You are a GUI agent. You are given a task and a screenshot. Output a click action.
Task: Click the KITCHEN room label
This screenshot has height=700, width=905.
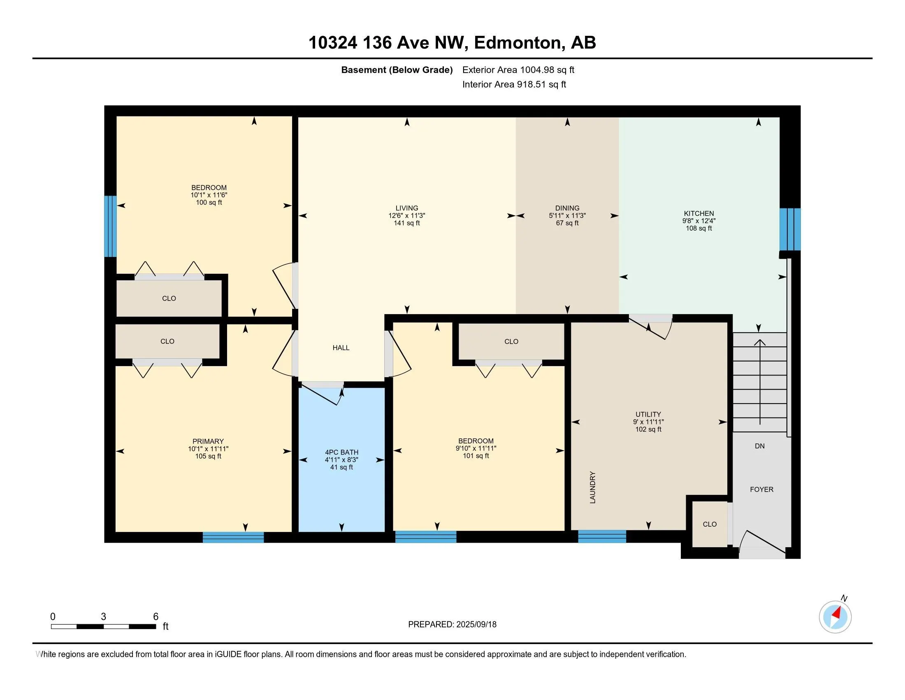698,214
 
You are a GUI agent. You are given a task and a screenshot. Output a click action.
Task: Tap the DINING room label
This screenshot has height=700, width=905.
567,208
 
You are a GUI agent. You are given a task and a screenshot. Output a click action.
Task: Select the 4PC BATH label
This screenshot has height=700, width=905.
341,453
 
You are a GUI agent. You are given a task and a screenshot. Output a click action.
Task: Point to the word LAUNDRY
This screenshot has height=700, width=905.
592,487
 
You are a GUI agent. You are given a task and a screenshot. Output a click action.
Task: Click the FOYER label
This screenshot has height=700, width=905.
761,489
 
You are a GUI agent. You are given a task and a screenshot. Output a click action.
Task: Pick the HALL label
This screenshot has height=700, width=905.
341,348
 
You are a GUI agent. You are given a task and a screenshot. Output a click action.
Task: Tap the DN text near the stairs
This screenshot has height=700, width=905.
759,446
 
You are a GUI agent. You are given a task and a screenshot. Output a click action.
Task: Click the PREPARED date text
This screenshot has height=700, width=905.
452,625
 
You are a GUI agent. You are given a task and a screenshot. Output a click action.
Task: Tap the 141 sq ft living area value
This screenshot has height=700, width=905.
406,223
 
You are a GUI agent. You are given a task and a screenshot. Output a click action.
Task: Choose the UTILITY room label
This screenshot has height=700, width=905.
648,414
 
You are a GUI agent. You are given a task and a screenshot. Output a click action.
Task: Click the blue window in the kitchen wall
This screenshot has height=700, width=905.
790,229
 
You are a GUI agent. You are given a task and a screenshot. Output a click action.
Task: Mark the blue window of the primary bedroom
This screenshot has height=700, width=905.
233,537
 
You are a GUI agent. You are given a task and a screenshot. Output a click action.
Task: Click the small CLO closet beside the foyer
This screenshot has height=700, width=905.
710,524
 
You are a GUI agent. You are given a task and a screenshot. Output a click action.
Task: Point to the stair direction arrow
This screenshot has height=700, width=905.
759,382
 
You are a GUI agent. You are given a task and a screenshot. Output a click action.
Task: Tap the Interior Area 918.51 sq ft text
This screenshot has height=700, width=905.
514,84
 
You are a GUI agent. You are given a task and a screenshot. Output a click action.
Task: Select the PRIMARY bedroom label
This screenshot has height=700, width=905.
208,441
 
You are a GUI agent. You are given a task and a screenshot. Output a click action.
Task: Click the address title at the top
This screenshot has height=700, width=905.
452,43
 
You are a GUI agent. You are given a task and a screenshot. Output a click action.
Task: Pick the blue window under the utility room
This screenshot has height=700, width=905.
602,536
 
